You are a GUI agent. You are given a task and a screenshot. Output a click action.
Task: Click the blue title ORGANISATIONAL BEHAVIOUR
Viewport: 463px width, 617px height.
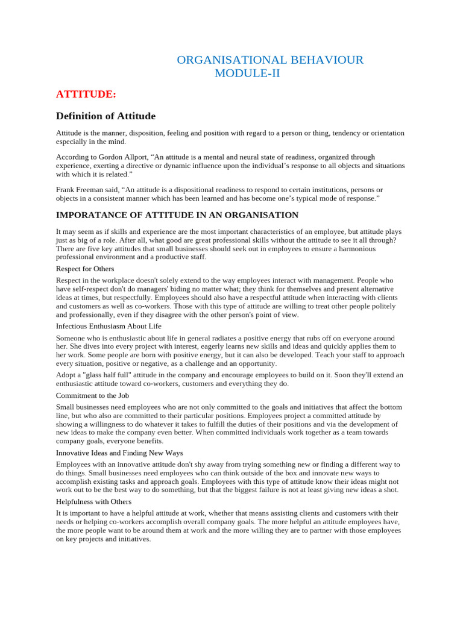pos(269,60)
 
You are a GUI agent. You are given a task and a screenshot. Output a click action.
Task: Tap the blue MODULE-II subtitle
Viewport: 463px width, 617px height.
pos(247,74)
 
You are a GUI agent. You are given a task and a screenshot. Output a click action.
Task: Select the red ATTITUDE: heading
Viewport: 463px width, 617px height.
pos(86,94)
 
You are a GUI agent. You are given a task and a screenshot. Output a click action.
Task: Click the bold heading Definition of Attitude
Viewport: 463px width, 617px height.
pos(106,116)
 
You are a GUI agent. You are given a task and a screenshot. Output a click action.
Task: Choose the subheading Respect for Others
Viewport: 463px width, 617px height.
pos(85,269)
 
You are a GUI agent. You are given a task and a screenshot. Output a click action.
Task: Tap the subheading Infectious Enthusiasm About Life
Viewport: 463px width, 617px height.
pos(109,326)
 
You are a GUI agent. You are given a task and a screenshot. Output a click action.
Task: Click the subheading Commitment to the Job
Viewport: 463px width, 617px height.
pos(92,395)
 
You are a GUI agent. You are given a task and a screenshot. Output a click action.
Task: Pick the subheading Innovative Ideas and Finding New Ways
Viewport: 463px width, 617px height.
pos(119,453)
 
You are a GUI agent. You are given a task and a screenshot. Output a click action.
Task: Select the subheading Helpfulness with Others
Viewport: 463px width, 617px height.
pos(93,501)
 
